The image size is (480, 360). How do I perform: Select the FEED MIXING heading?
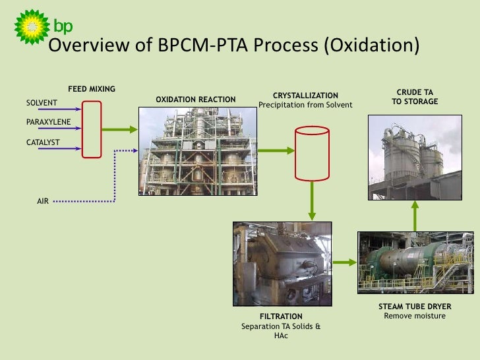(x=92, y=89)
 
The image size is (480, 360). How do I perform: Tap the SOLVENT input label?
(x=42, y=102)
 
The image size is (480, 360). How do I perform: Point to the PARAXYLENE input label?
(x=48, y=122)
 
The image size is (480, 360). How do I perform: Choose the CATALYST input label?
(x=43, y=142)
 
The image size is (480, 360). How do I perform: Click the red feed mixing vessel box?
(x=92, y=129)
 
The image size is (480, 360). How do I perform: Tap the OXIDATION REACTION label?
(x=195, y=100)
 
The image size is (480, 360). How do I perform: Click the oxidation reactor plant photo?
(x=198, y=152)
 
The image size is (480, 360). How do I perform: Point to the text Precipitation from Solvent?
(x=305, y=105)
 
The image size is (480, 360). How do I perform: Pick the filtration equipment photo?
(x=282, y=264)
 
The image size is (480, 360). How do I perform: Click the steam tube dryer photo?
(x=415, y=264)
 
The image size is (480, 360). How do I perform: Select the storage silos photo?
(x=415, y=156)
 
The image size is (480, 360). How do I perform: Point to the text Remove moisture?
(x=415, y=316)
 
